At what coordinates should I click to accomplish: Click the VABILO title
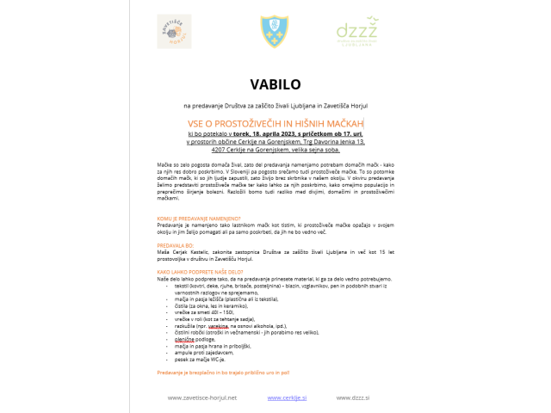pyautogui.click(x=275, y=85)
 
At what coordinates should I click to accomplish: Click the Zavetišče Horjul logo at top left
pyautogui.click(x=175, y=31)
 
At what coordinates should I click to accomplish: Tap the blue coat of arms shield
pyautogui.click(x=275, y=32)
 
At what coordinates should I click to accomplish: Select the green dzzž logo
pyautogui.click(x=356, y=32)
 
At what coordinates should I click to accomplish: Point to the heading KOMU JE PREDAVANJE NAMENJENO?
pyautogui.click(x=199, y=219)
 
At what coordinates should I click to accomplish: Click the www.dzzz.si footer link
pyautogui.click(x=354, y=398)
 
